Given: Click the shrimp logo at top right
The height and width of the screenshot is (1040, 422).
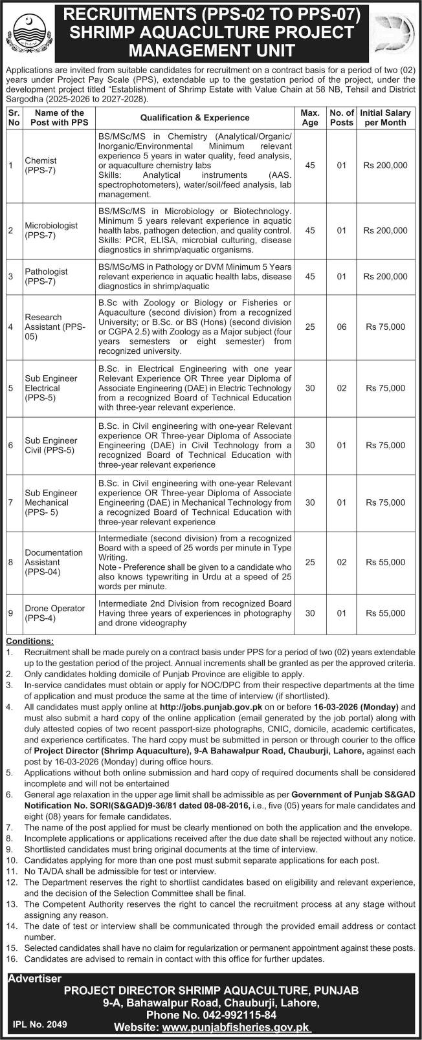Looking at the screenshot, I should (x=397, y=32).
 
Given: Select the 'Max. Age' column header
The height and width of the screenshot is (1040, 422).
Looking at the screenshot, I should (x=310, y=117).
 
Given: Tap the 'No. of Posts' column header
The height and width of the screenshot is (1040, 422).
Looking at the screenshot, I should (x=341, y=117).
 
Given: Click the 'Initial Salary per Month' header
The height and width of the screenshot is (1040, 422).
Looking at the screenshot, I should (x=385, y=117).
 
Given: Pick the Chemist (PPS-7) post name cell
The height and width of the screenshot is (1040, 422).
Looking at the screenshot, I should (x=41, y=166).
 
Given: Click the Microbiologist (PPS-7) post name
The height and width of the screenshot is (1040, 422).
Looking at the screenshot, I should (x=51, y=230).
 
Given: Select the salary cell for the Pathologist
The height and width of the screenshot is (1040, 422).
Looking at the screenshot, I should (x=385, y=276).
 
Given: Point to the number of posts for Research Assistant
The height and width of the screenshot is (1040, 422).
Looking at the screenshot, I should (x=341, y=327).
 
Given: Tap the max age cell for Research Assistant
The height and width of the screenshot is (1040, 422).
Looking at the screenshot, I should (x=310, y=327).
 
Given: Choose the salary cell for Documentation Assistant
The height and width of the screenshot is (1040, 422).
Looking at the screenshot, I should (x=385, y=563).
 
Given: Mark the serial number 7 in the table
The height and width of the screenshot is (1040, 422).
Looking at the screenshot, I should (x=11, y=503).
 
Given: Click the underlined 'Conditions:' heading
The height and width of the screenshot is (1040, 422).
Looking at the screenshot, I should (x=30, y=641).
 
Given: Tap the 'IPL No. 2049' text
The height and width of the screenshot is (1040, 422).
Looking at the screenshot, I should (x=39, y=1024).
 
